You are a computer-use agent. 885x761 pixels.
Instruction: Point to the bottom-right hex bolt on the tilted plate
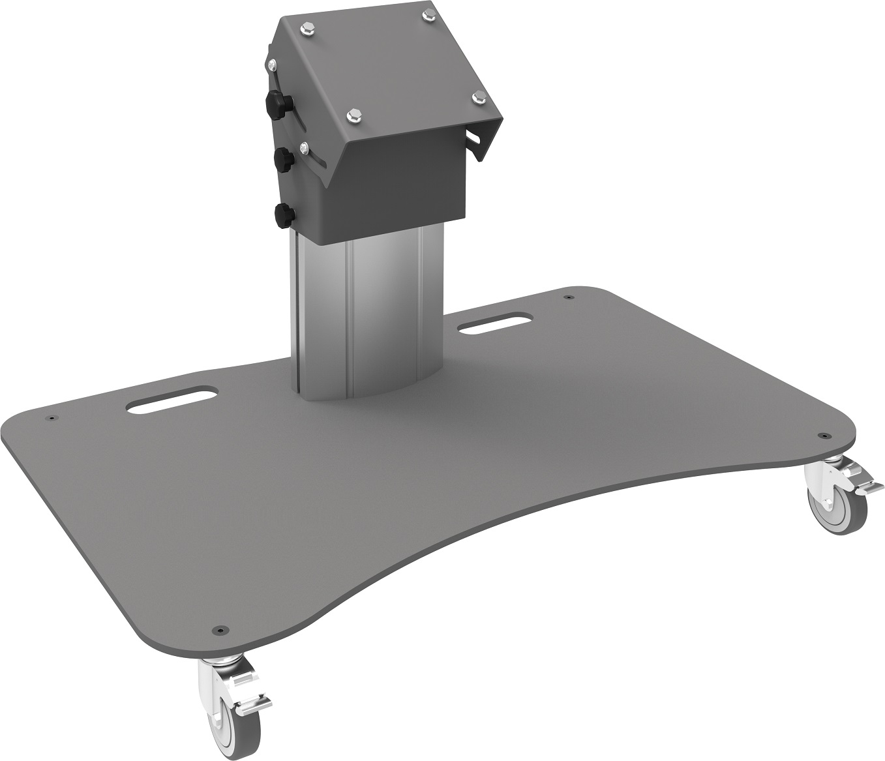[x=478, y=97]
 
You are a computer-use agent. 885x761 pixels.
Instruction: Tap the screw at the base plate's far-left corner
[x=50, y=419]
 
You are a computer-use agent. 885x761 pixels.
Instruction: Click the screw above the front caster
[x=217, y=631]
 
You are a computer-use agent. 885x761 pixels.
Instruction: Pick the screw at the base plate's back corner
[x=569, y=297]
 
